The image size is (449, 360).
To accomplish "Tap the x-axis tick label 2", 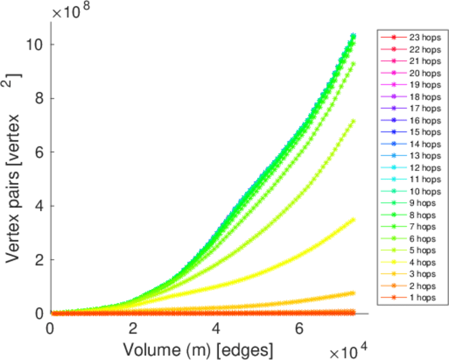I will (133, 329).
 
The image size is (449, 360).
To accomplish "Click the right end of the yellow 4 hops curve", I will (353, 220).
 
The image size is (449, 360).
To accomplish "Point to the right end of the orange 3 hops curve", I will (353, 293).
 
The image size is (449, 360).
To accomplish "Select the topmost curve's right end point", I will (353, 35).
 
